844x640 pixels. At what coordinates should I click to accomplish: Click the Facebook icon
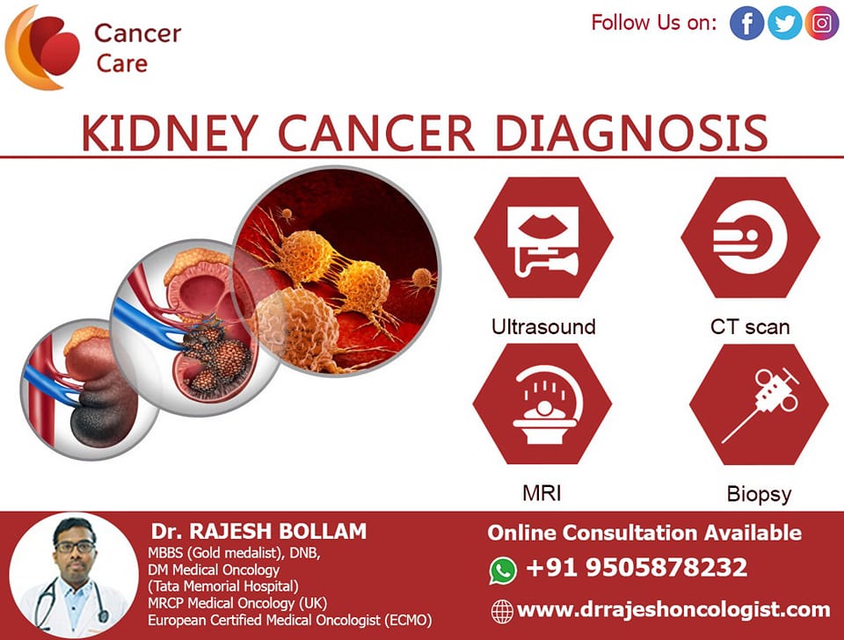[x=746, y=23]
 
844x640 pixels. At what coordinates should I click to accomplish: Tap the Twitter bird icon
[x=784, y=23]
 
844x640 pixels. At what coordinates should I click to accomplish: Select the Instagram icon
[x=821, y=23]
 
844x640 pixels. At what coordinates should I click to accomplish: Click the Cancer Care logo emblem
[x=42, y=47]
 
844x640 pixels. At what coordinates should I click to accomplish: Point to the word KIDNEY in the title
[x=170, y=133]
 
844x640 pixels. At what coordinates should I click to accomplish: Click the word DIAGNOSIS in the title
[x=631, y=133]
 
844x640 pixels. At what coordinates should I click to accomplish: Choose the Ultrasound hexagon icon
[x=543, y=237]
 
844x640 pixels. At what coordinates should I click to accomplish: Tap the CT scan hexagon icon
[x=750, y=237]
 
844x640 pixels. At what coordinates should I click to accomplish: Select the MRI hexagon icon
[x=542, y=404]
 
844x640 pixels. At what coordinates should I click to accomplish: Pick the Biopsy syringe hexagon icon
[x=759, y=404]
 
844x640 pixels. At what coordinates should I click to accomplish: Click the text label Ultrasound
[x=543, y=327]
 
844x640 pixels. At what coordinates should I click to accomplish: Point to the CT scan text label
[x=750, y=327]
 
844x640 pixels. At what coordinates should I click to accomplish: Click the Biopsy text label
[x=759, y=494]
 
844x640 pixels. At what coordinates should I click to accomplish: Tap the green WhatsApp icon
[x=503, y=571]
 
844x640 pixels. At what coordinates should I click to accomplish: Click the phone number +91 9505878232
[x=637, y=567]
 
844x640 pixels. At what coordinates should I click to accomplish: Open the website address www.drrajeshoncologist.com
[x=673, y=610]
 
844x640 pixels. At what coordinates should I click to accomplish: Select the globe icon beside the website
[x=502, y=612]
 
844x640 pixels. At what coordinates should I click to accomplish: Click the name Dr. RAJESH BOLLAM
[x=258, y=531]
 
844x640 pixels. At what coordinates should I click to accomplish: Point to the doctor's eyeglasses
[x=75, y=547]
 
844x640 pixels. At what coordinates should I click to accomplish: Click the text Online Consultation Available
[x=644, y=533]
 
